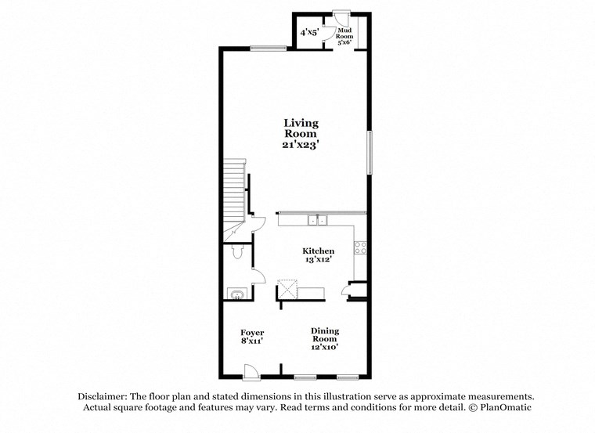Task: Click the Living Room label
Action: tap(301, 128)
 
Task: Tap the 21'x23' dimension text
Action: tap(301, 145)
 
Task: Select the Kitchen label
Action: tap(319, 251)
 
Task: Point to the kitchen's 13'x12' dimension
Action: tap(319, 260)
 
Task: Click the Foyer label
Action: tap(251, 333)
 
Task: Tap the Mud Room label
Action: tap(344, 34)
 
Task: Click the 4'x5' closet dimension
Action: tap(310, 33)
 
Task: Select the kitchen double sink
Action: tap(318, 221)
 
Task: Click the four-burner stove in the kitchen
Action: tap(361, 247)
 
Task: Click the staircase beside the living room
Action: tap(234, 200)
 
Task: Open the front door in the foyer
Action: tap(250, 371)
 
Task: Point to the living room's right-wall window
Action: tap(370, 153)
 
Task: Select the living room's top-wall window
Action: tap(268, 49)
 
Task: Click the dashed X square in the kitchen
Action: tap(288, 289)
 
